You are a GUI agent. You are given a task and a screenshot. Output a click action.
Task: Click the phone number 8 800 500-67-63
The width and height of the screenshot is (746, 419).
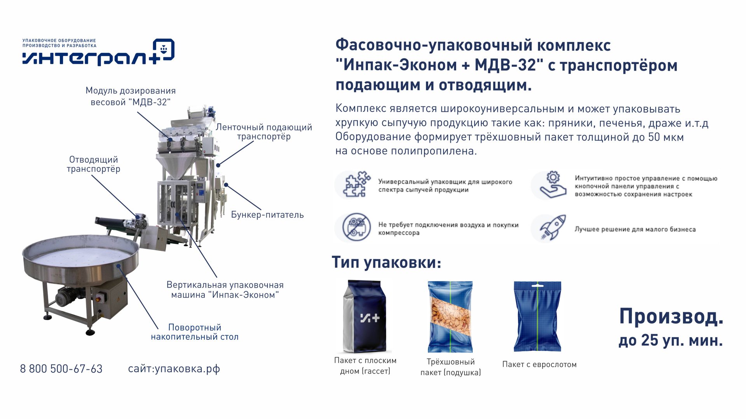coord(61,369)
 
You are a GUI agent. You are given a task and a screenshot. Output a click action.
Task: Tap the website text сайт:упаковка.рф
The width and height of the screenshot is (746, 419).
coord(174,369)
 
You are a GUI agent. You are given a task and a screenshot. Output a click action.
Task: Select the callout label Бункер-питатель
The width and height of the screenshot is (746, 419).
coord(267,215)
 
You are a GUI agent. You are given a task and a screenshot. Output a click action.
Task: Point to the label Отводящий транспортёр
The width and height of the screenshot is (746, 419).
coord(93,164)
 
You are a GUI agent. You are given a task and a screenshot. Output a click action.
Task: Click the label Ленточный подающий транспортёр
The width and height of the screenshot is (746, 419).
coord(264,132)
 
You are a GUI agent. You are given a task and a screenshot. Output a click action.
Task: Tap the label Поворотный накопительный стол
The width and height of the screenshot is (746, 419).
coord(195,332)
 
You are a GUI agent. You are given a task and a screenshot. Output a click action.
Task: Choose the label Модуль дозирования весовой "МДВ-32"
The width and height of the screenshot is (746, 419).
coord(131,96)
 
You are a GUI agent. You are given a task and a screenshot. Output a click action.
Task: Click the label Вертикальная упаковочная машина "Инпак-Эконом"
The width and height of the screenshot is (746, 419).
coord(225,290)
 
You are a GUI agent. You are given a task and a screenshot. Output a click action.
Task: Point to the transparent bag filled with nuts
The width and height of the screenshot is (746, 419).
coord(450,317)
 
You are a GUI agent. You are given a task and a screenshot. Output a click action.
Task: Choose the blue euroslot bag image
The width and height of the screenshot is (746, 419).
coord(537,316)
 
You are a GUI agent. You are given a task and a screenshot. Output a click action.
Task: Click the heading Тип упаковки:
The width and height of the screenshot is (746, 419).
coord(387,263)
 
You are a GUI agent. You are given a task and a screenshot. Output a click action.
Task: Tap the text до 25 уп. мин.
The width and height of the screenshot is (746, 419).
coord(671,341)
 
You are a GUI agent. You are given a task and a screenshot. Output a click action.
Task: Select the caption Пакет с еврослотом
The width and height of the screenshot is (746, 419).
coord(539,364)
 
